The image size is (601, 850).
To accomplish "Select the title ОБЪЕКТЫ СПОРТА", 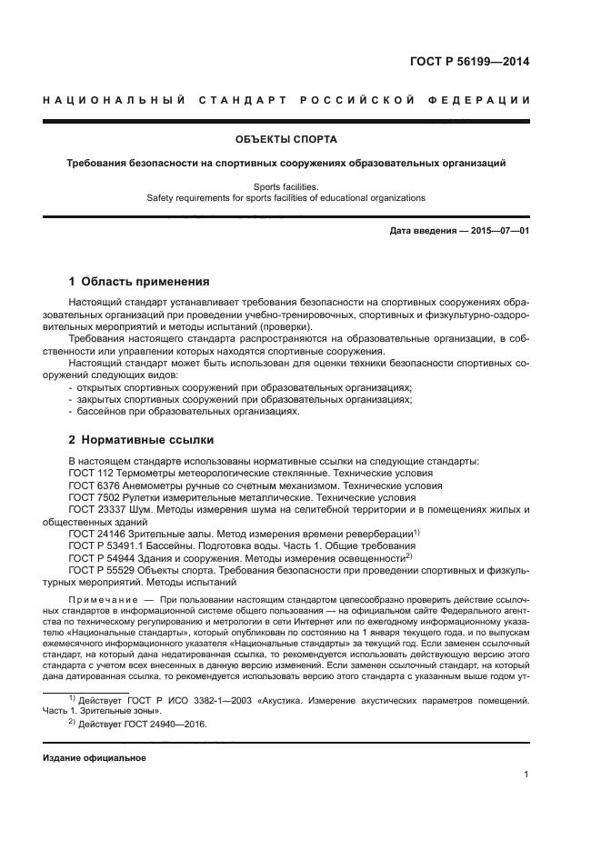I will [286, 140].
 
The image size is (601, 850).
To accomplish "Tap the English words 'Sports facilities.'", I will [286, 185].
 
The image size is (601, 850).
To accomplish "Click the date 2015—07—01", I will [498, 231].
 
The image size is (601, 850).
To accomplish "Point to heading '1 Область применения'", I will [140, 281].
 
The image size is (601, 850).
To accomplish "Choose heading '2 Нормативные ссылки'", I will [142, 440].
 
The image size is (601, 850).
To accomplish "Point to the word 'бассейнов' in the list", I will [101, 412].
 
